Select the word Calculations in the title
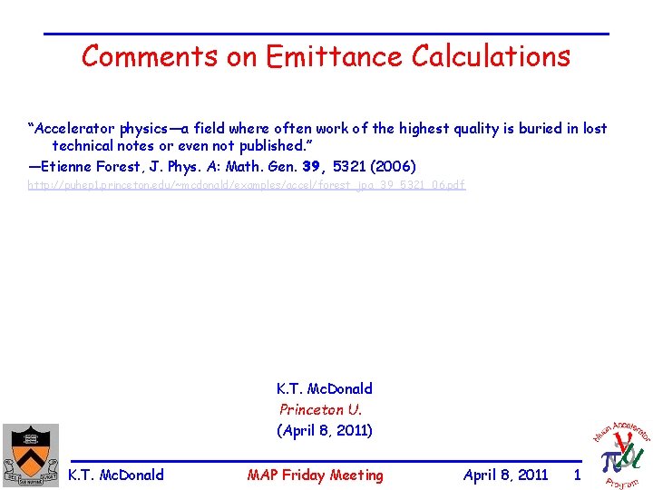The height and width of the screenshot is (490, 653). tap(491, 56)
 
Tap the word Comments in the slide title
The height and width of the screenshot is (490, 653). tap(151, 56)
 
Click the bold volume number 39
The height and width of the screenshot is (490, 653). tap(311, 166)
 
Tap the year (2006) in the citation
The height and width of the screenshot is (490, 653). tap(398, 166)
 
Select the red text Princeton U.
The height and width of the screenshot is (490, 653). tap(320, 409)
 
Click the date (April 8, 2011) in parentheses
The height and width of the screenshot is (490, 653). tap(325, 430)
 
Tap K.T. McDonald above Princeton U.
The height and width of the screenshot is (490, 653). tap(324, 388)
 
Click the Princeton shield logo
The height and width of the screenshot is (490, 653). tap(29, 454)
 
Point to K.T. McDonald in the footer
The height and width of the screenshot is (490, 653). tap(116, 475)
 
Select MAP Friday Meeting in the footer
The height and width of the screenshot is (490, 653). tap(315, 475)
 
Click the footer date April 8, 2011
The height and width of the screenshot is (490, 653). tap(505, 475)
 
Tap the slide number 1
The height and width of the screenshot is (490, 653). tap(577, 475)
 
